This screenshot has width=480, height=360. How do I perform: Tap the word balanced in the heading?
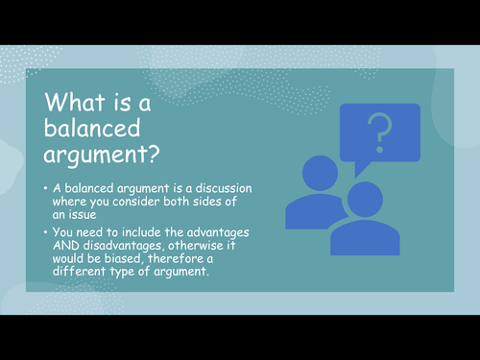pyautogui.click(x=89, y=128)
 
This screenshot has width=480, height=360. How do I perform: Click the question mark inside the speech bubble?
pyautogui.click(x=380, y=131)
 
